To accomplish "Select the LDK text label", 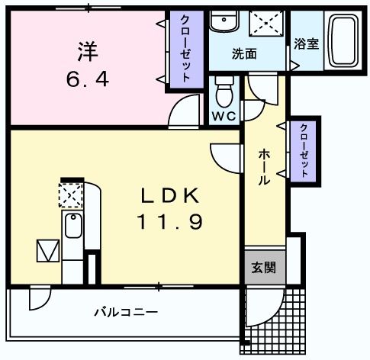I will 169,196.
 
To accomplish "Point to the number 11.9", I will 169,223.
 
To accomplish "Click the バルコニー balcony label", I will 126,312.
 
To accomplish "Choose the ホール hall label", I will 263,167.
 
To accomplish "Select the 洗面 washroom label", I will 243,54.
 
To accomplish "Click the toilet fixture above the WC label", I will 224,94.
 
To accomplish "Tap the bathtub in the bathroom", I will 343,40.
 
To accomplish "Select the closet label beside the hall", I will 304,151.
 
